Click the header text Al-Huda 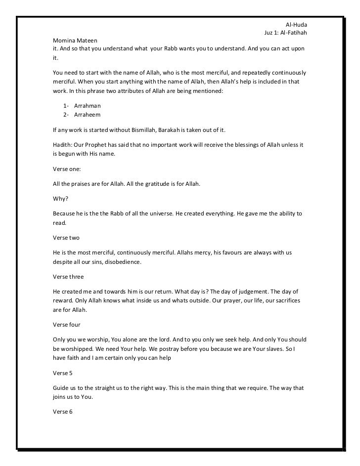(x=297, y=25)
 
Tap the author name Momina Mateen (x=76, y=40)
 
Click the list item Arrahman (x=87, y=106)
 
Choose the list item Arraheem (x=87, y=114)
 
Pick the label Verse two (x=66, y=238)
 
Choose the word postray (x=171, y=348)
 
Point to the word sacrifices (x=290, y=300)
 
